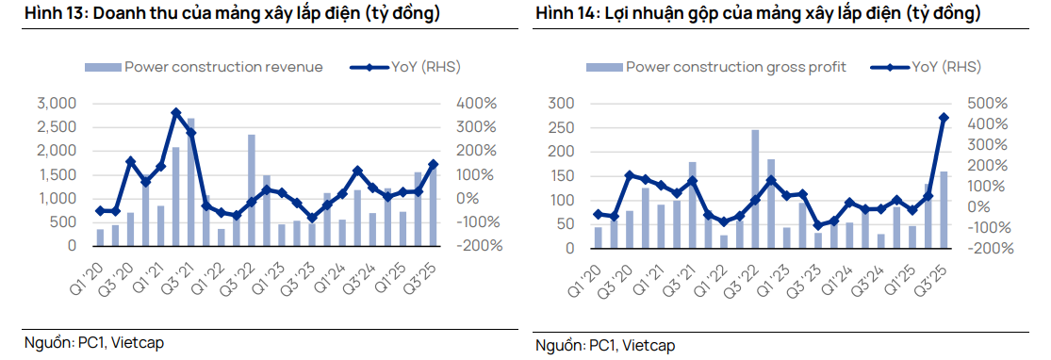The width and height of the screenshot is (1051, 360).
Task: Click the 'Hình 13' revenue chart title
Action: click(x=232, y=15)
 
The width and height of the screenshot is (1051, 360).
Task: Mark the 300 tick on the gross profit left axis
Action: click(x=562, y=103)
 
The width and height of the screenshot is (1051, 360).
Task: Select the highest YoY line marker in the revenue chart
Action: click(x=176, y=113)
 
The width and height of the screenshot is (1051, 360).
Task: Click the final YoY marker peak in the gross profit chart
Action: click(x=944, y=118)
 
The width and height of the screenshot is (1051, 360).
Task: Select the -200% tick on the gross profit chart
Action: click(x=992, y=249)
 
